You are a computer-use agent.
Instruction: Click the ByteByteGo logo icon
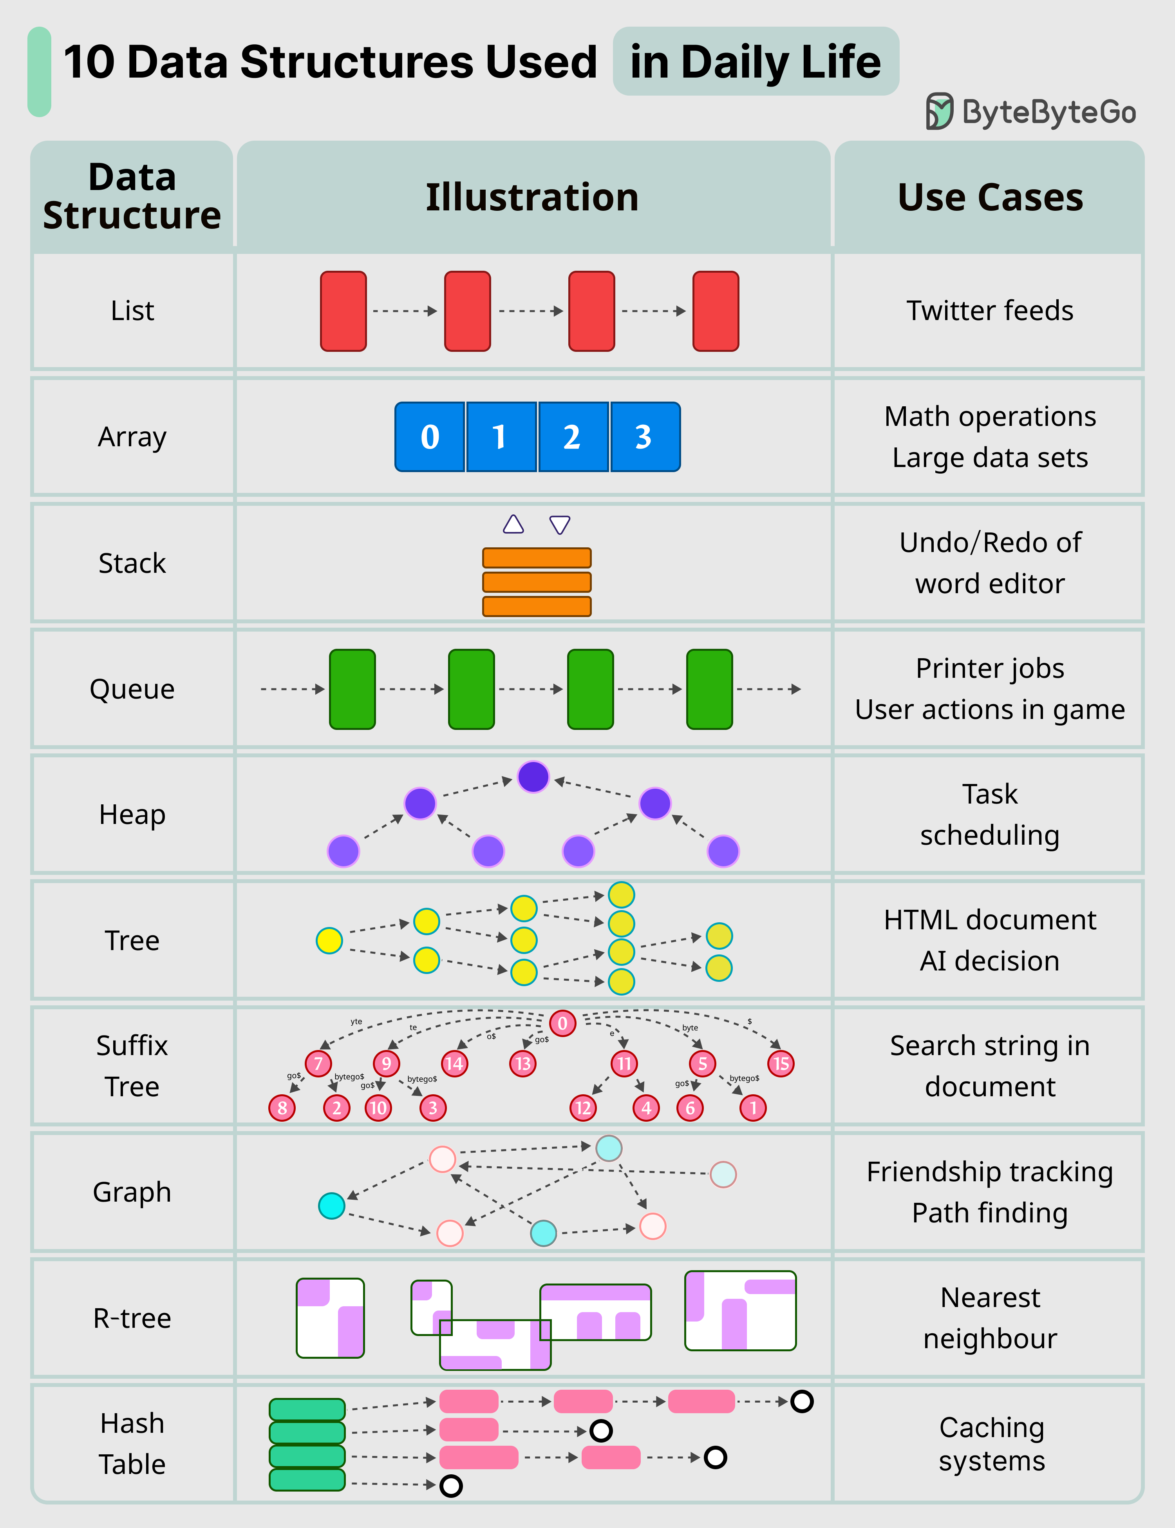[939, 111]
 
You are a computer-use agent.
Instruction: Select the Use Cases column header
[990, 197]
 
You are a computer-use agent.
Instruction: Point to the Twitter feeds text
[990, 311]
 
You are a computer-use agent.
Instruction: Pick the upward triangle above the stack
[513, 525]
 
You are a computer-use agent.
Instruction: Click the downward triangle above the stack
[560, 525]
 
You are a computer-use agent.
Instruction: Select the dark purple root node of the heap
[533, 777]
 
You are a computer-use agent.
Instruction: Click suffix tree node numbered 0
[562, 1023]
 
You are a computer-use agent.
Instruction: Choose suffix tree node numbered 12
[583, 1108]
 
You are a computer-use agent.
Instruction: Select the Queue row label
[132, 689]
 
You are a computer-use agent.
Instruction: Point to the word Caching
[991, 1427]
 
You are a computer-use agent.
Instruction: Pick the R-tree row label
[132, 1318]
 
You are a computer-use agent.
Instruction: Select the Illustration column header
[532, 197]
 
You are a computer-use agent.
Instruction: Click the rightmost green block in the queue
[709, 689]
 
